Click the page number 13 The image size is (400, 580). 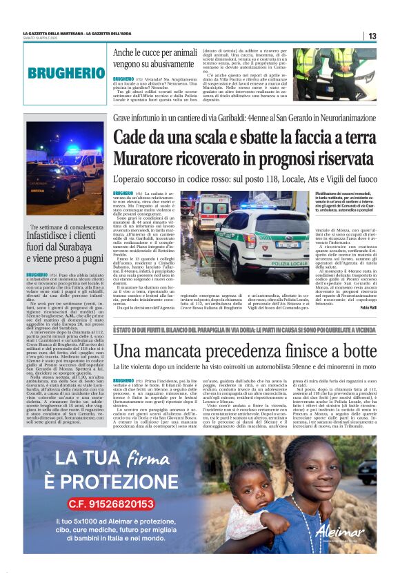click(x=372, y=36)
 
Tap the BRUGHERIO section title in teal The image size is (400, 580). click(x=66, y=72)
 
